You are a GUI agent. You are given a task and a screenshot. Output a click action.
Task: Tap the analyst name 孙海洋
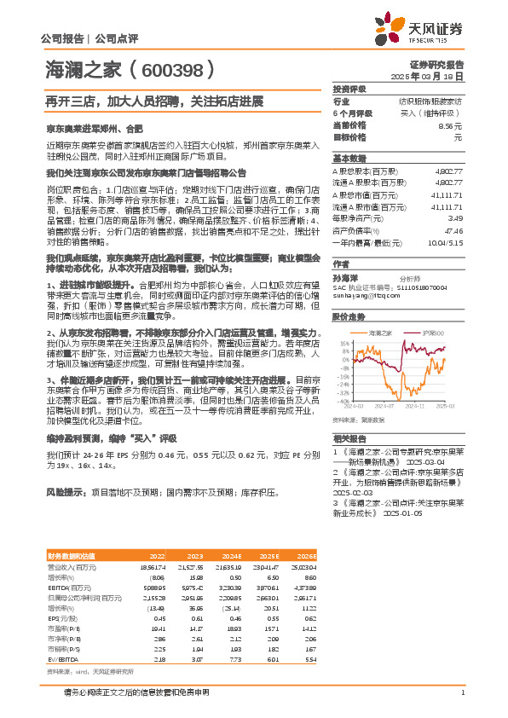pyautogui.click(x=345, y=278)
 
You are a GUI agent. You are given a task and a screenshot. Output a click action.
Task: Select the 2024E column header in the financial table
pyautogui.click(x=229, y=554)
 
